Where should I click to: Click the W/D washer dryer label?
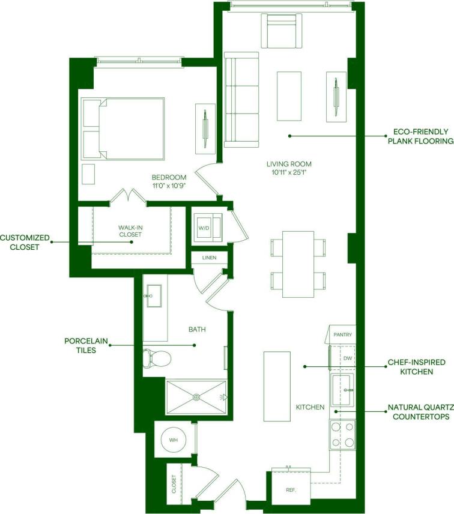204,228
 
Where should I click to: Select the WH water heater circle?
174,440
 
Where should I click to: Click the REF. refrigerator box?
291,489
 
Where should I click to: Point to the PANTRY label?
342,335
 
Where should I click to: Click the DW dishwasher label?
347,358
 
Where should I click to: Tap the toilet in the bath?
157,358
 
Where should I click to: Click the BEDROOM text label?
169,177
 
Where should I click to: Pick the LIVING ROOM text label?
289,164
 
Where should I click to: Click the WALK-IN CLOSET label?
130,231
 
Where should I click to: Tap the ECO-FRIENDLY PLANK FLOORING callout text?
419,136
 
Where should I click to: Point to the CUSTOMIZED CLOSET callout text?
24,242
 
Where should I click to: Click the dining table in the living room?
298,264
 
